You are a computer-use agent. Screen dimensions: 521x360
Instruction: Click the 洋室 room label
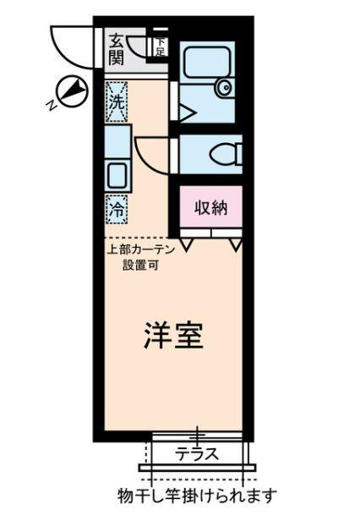click(x=172, y=338)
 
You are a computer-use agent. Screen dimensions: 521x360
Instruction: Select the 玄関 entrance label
click(x=116, y=49)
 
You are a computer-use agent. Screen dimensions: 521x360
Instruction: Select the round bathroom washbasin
click(x=223, y=87)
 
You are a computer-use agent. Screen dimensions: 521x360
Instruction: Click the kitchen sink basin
click(x=116, y=176)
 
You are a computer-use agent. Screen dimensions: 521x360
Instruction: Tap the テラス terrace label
click(x=197, y=453)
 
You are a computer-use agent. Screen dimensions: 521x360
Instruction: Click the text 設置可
click(x=136, y=264)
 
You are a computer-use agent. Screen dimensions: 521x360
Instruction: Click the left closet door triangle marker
click(x=185, y=244)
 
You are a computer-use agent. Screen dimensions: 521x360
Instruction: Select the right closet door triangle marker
click(x=235, y=244)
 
